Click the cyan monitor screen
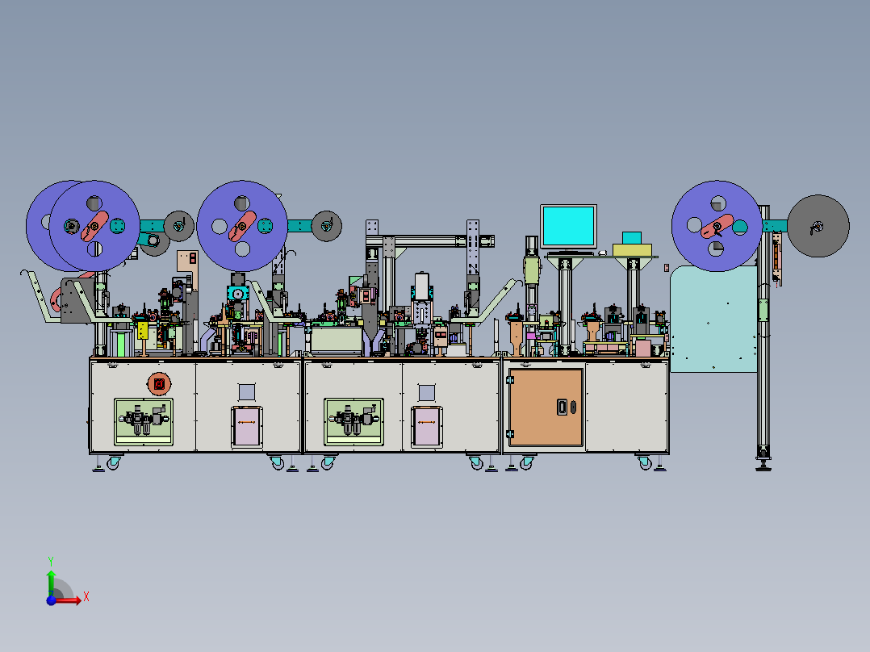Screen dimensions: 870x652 coord(569,227)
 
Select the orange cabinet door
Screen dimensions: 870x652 coord(546,407)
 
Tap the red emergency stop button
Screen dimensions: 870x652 coord(159,383)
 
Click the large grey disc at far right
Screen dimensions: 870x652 coord(818,226)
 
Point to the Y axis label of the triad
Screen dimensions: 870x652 coord(51,561)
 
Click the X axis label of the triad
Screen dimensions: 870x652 coord(86,597)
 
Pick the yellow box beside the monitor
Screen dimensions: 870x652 coord(632,249)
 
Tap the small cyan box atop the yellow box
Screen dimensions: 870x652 coord(632,238)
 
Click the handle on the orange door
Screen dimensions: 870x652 coord(562,407)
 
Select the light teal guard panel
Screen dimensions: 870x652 coord(713,319)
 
